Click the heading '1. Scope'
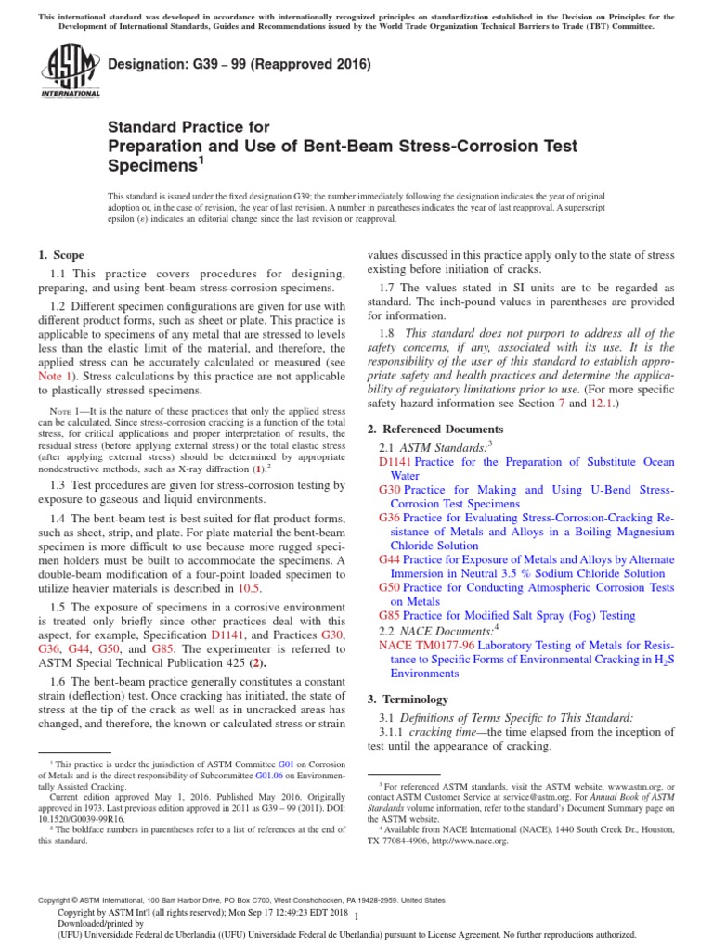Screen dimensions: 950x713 [x=60, y=255]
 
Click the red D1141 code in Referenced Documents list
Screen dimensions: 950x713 [x=395, y=462]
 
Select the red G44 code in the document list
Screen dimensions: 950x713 [x=390, y=560]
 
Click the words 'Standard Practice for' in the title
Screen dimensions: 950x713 [x=189, y=127]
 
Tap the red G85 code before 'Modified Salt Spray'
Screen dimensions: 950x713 [x=390, y=615]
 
